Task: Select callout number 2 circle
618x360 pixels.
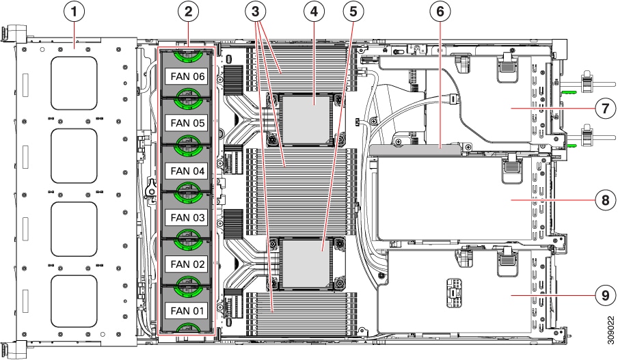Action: pos(188,12)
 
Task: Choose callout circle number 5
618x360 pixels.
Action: pos(353,12)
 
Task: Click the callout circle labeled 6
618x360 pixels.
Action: pos(439,12)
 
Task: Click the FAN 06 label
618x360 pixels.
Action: pos(187,77)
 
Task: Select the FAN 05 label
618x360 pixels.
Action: pos(187,124)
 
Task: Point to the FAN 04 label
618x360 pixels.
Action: pos(187,170)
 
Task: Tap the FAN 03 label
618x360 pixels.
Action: pos(187,217)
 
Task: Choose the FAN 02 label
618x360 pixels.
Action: pos(187,264)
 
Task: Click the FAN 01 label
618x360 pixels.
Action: pos(187,311)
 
